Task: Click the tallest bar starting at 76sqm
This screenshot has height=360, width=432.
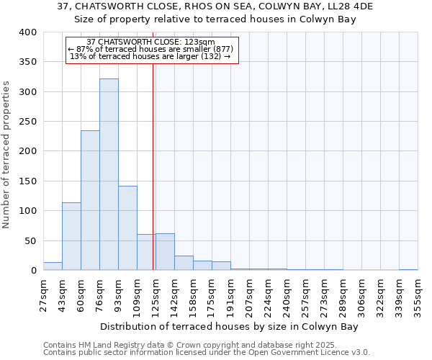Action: (x=109, y=174)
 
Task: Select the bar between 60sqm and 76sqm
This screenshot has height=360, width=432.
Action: (x=90, y=200)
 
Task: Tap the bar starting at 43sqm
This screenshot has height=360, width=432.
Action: (x=71, y=236)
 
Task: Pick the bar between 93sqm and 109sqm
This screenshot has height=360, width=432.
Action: (x=127, y=228)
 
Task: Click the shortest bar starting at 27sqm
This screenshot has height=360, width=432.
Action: (x=53, y=266)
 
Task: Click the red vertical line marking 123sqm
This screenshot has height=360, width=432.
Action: (x=153, y=166)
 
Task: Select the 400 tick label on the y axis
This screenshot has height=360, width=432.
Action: (x=27, y=32)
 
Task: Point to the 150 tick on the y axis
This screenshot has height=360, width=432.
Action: (x=27, y=181)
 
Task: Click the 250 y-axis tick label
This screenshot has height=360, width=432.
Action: (x=27, y=122)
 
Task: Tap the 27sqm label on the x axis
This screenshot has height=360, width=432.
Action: (x=43, y=295)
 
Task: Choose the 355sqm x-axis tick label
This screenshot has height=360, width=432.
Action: (x=418, y=295)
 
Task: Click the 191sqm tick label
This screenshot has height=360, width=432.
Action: (x=230, y=295)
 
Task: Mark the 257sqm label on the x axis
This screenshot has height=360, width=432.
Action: (x=305, y=295)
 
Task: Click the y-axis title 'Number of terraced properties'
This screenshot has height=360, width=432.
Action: (x=6, y=155)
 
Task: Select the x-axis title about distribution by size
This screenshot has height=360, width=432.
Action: (x=229, y=327)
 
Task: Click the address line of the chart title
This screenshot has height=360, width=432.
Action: (x=215, y=6)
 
